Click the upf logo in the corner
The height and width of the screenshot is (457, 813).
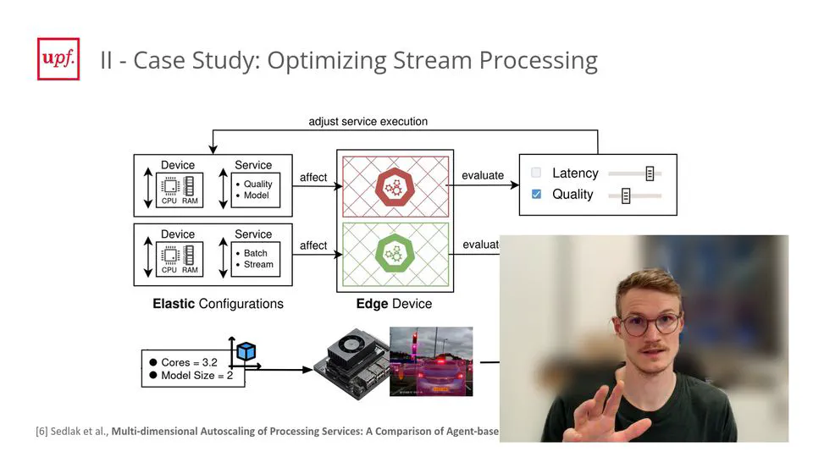(58, 59)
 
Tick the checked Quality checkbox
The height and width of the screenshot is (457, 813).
(536, 195)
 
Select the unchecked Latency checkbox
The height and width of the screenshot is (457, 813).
(536, 173)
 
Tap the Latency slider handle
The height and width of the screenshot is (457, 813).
(650, 173)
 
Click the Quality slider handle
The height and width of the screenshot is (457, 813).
(626, 195)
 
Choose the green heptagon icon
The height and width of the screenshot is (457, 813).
(394, 253)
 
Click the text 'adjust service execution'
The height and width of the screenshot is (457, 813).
(368, 122)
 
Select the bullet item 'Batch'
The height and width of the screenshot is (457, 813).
(255, 253)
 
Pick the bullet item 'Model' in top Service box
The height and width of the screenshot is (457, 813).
(256, 195)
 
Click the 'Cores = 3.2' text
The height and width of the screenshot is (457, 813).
(189, 362)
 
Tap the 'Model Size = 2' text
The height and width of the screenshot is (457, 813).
(196, 375)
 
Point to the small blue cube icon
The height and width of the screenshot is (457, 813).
(246, 351)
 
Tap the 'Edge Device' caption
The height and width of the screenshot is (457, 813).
(394, 304)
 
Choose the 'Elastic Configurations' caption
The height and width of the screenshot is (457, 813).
(218, 304)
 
